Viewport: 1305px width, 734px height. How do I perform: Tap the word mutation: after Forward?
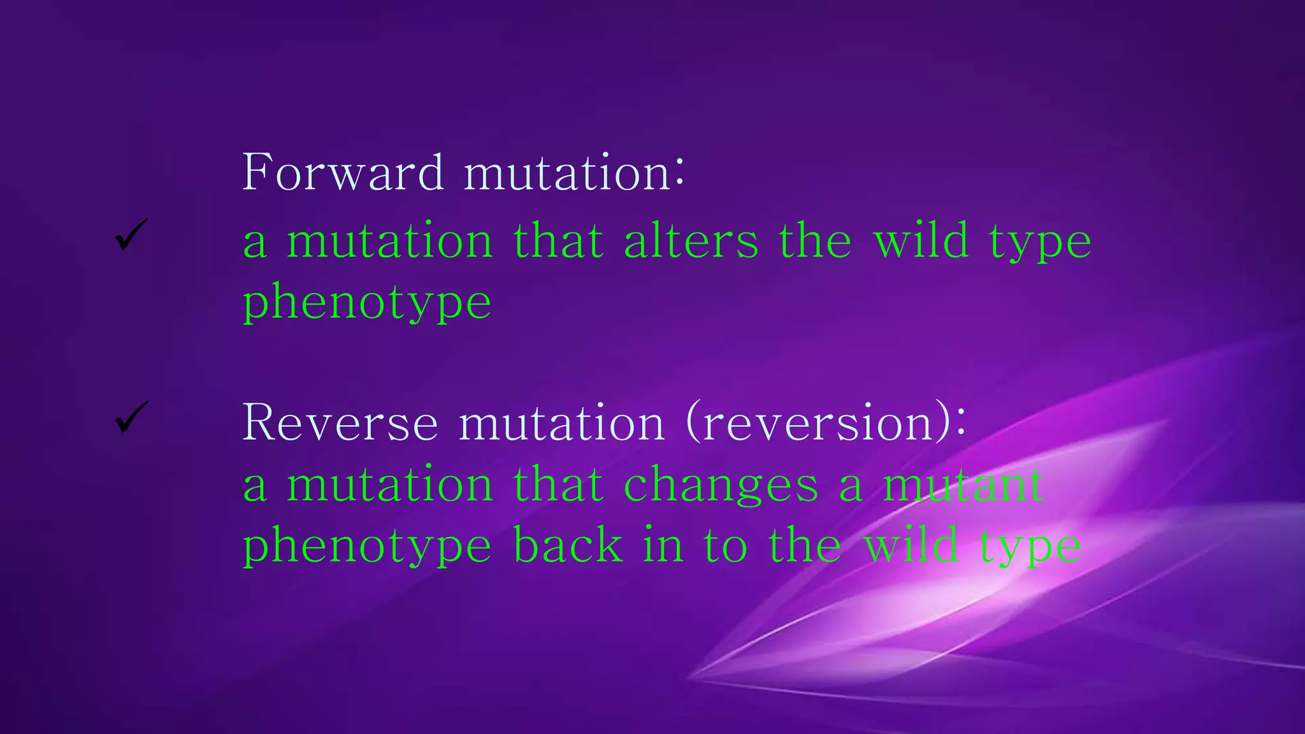[x=573, y=173]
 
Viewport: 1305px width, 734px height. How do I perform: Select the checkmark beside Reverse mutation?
[x=131, y=417]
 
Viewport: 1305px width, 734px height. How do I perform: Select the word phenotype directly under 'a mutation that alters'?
[x=367, y=303]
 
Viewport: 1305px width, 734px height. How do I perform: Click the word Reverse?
[x=340, y=423]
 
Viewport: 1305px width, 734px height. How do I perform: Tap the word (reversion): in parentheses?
[x=826, y=423]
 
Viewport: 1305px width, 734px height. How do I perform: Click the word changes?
[x=720, y=486]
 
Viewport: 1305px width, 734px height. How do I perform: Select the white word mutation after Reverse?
[x=561, y=424]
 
